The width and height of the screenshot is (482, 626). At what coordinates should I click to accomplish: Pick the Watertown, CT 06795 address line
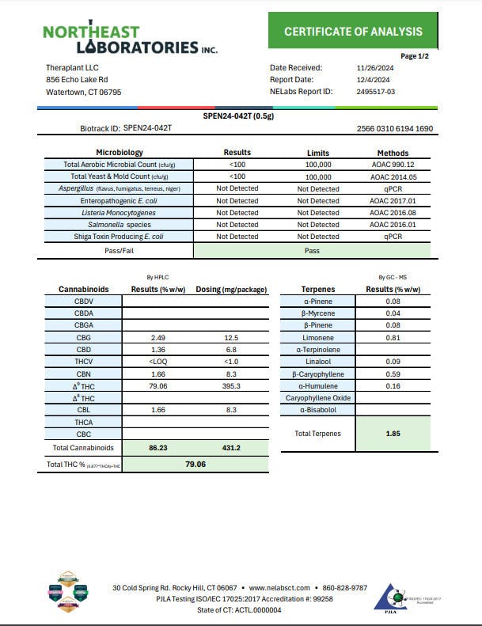(x=84, y=92)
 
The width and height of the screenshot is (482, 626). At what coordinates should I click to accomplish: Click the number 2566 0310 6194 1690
(x=395, y=128)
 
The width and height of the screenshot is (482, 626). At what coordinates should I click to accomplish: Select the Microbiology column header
(x=120, y=153)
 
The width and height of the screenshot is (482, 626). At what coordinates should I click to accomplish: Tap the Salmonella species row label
(x=117, y=225)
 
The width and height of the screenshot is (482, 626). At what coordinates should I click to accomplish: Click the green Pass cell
(x=312, y=249)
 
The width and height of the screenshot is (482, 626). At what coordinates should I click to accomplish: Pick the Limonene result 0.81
(x=393, y=338)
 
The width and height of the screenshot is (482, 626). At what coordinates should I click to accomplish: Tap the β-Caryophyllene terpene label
(x=317, y=374)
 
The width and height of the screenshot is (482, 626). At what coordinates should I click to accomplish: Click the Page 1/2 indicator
(x=414, y=56)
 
